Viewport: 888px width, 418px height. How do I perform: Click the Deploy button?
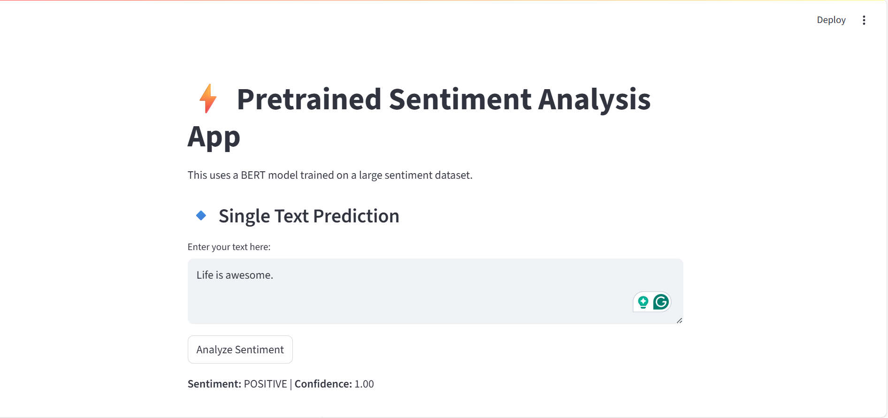(x=831, y=20)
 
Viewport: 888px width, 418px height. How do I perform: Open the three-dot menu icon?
(x=864, y=20)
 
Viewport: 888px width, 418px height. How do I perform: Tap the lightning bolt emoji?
(x=208, y=99)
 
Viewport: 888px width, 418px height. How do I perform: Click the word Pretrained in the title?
(x=309, y=99)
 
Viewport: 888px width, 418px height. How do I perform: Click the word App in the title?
(x=214, y=137)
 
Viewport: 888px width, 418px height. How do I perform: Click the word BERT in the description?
(x=253, y=175)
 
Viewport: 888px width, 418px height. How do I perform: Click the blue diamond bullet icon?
(x=201, y=215)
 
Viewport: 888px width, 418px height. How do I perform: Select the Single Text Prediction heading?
(x=309, y=216)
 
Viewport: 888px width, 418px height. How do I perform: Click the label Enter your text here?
(x=229, y=247)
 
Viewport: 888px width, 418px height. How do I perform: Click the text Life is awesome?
(x=235, y=275)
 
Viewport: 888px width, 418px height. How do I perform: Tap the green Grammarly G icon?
(x=661, y=302)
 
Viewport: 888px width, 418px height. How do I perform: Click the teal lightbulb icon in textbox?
(x=643, y=302)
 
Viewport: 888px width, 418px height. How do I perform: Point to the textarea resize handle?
(x=679, y=320)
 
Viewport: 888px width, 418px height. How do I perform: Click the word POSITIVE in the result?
(x=265, y=384)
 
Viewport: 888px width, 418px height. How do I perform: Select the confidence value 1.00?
(x=364, y=384)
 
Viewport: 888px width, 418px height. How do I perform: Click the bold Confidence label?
(x=323, y=384)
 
